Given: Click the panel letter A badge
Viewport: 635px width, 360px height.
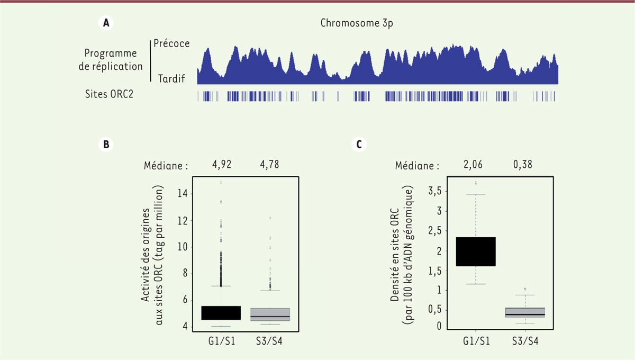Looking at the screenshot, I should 107,23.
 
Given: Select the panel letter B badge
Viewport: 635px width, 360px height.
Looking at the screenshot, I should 107,143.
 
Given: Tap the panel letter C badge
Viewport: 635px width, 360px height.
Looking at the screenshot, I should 360,143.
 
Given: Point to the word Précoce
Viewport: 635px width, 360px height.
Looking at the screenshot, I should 171,43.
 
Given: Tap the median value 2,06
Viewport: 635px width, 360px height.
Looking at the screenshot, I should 475,165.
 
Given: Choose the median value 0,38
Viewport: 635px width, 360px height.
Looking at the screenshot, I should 523,165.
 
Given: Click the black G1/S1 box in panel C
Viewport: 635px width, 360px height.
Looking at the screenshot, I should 475,251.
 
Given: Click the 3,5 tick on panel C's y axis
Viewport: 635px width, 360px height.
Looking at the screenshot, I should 435,191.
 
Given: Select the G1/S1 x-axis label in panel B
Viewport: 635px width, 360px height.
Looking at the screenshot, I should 221,341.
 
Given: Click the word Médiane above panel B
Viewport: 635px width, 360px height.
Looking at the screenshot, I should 166,165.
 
